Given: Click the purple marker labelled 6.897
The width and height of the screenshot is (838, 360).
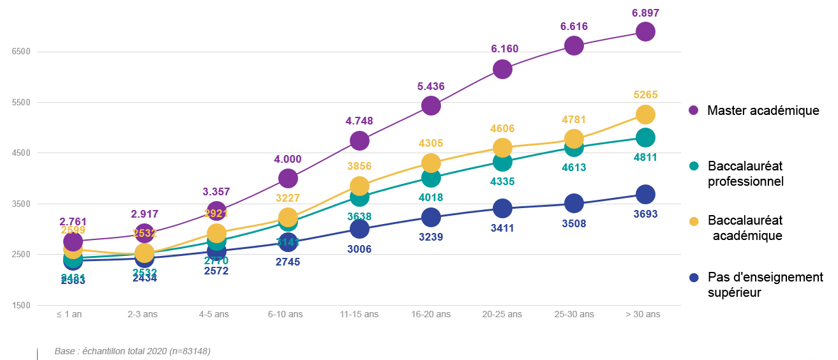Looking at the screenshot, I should point(645,31).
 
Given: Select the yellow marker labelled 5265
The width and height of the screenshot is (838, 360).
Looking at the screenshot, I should point(645,114).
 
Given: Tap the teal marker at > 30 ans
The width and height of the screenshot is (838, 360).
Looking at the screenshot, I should point(645,137).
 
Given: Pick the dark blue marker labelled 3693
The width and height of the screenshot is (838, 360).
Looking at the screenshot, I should point(645,194).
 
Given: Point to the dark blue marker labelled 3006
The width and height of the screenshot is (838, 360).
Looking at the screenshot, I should point(359,229).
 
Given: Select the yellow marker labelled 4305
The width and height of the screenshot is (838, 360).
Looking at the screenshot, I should point(431,162).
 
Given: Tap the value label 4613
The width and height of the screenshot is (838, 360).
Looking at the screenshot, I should point(573,168).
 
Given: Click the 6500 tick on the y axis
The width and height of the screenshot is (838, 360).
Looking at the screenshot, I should point(22,52).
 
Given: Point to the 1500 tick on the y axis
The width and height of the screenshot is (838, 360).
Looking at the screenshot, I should point(22,306).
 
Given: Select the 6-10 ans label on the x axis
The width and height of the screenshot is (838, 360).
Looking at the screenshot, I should point(285,315).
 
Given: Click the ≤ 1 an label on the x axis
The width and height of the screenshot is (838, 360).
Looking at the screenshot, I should point(72,315).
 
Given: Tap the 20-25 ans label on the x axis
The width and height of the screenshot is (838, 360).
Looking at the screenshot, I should point(502,315).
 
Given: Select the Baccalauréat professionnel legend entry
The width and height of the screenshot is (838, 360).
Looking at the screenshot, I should point(745,174).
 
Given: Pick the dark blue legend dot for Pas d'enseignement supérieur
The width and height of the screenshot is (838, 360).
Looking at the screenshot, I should point(694,278).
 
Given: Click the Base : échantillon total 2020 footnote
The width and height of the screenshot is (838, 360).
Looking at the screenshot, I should point(132,351).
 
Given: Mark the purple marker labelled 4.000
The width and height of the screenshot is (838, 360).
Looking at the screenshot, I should point(288,179).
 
